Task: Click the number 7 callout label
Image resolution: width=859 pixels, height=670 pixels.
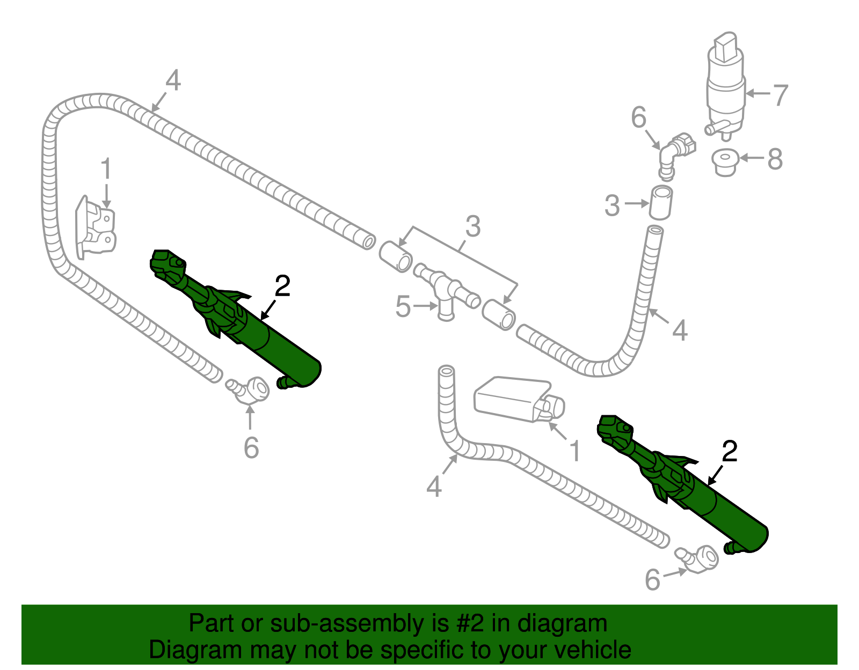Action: [780, 95]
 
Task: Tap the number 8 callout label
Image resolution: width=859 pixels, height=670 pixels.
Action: [775, 159]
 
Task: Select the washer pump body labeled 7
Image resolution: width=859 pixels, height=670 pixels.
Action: [725, 91]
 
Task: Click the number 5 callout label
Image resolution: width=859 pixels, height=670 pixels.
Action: [403, 307]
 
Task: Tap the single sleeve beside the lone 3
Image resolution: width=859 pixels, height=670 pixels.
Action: [661, 203]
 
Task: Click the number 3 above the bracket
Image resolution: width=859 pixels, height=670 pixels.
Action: [472, 226]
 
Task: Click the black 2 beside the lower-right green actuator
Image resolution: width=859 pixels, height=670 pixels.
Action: [730, 452]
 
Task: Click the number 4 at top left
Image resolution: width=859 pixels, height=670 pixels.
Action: [173, 81]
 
